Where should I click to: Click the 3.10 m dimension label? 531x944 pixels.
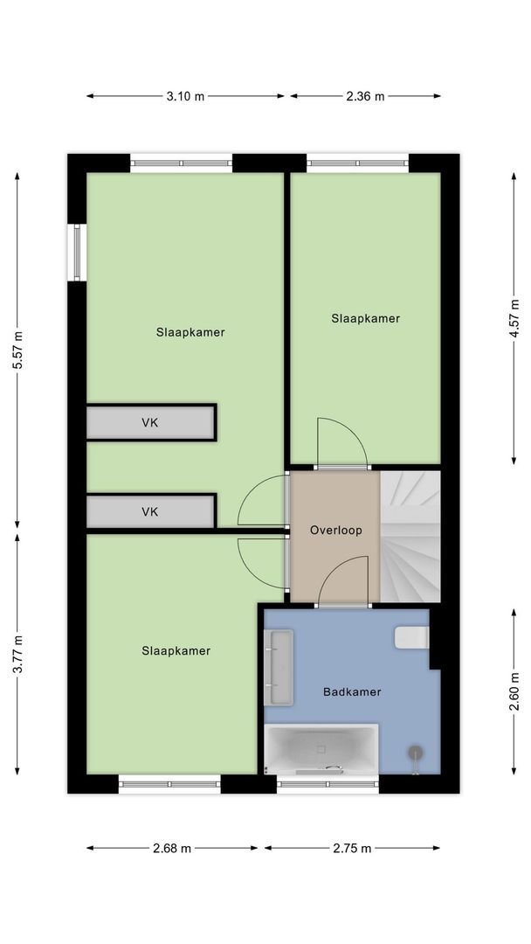click(x=185, y=96)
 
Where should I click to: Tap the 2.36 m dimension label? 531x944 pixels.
click(x=365, y=96)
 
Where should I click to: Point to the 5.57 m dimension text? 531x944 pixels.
click(x=18, y=351)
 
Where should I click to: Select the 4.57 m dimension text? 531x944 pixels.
click(x=514, y=319)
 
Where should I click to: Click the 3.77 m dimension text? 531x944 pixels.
click(x=18, y=655)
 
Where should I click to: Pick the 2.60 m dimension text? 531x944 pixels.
click(x=514, y=691)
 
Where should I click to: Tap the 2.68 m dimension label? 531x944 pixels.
click(x=172, y=848)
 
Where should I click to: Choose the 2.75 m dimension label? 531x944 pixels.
click(x=352, y=848)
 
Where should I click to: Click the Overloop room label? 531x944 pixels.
click(x=336, y=531)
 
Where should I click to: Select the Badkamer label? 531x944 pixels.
click(x=352, y=691)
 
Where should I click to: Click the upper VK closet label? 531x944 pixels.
click(x=150, y=423)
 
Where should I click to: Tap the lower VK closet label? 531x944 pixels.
click(x=150, y=511)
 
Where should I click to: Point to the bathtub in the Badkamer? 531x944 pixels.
click(x=321, y=749)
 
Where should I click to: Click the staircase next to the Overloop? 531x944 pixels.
click(x=410, y=537)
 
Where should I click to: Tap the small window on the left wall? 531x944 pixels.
click(x=78, y=253)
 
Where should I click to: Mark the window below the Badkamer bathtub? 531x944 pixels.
click(x=328, y=784)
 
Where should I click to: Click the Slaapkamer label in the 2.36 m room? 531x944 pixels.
click(x=366, y=318)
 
